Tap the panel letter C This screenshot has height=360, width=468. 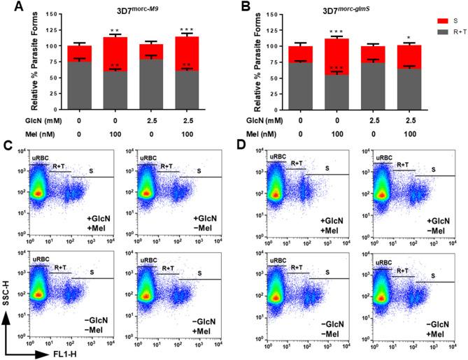7,147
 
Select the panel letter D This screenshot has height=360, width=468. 242,147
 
